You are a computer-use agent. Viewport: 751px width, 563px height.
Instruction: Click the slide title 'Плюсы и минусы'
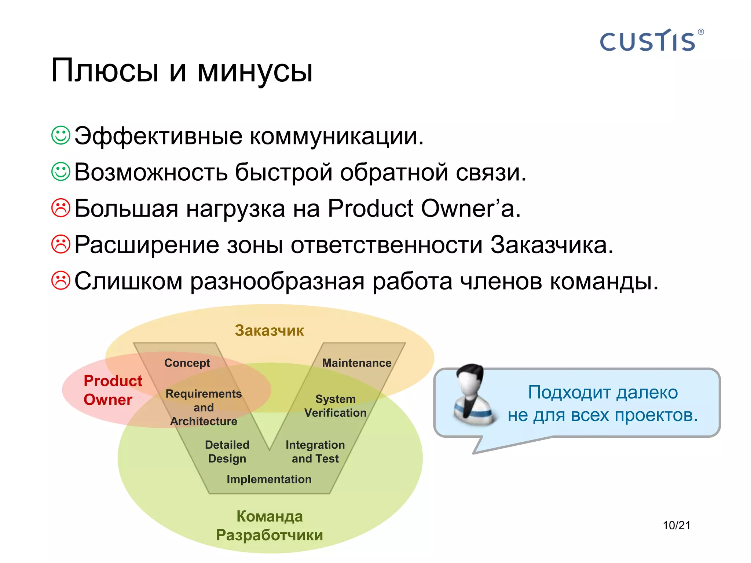point(182,70)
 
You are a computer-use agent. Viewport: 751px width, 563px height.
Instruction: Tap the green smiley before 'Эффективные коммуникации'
point(61,136)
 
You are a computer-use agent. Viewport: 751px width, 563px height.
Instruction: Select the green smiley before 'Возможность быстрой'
point(61,172)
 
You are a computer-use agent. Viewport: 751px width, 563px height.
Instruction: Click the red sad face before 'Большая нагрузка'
point(61,208)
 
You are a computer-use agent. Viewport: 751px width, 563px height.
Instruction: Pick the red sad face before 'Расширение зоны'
point(61,244)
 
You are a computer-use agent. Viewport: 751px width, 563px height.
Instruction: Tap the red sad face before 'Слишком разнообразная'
point(61,280)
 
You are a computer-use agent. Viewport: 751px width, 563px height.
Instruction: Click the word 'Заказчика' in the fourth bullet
point(552,245)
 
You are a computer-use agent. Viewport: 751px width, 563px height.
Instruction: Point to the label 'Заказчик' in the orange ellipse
point(269,331)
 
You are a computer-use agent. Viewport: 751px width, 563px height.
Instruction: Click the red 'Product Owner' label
point(112,390)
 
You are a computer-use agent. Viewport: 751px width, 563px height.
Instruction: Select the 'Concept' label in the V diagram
point(187,363)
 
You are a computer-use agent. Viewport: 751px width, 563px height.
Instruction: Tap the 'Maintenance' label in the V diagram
point(356,363)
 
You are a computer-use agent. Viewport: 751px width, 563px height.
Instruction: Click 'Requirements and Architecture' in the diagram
point(204,407)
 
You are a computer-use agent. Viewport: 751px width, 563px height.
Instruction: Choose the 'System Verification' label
point(335,406)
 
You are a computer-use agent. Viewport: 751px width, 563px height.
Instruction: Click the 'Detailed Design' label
point(227,452)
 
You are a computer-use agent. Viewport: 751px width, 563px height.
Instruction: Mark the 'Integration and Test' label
point(315,452)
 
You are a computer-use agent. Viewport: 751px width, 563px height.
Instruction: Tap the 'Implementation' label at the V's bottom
point(269,479)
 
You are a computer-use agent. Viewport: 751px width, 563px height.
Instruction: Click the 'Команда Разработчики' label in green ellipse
point(270,526)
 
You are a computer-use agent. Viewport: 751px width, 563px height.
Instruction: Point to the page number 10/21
point(676,525)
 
